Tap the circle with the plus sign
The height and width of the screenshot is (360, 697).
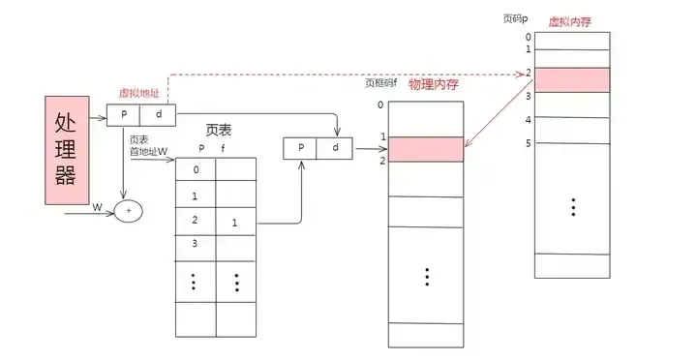tap(129, 210)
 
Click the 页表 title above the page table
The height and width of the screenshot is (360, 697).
tap(220, 131)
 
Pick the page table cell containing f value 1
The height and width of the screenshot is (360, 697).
tap(235, 222)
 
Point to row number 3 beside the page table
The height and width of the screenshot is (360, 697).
tap(195, 243)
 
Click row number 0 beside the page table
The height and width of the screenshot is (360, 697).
tap(195, 170)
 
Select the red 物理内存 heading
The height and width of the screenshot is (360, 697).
tap(433, 85)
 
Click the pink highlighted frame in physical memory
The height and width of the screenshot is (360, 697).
tap(426, 149)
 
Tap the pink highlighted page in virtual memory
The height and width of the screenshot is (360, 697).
tap(573, 79)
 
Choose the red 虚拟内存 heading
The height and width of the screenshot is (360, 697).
tap(570, 21)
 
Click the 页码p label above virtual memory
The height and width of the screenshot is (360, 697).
tap(516, 18)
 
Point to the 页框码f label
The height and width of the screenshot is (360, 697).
tap(382, 83)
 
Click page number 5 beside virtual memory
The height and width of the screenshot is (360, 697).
tap(528, 144)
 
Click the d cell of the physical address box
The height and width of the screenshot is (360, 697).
tap(335, 148)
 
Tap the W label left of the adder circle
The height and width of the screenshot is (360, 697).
tap(97, 207)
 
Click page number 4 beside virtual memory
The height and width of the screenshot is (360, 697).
tap(528, 120)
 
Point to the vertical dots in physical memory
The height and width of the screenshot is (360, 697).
tap(426, 276)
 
